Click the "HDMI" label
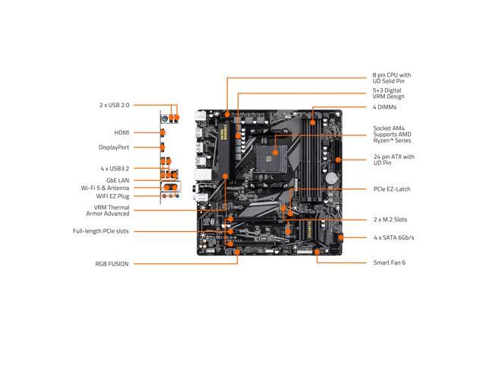click(x=121, y=132)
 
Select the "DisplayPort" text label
click(x=113, y=148)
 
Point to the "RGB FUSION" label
click(x=112, y=264)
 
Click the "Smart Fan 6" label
click(x=390, y=262)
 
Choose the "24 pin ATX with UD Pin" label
click(x=393, y=160)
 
